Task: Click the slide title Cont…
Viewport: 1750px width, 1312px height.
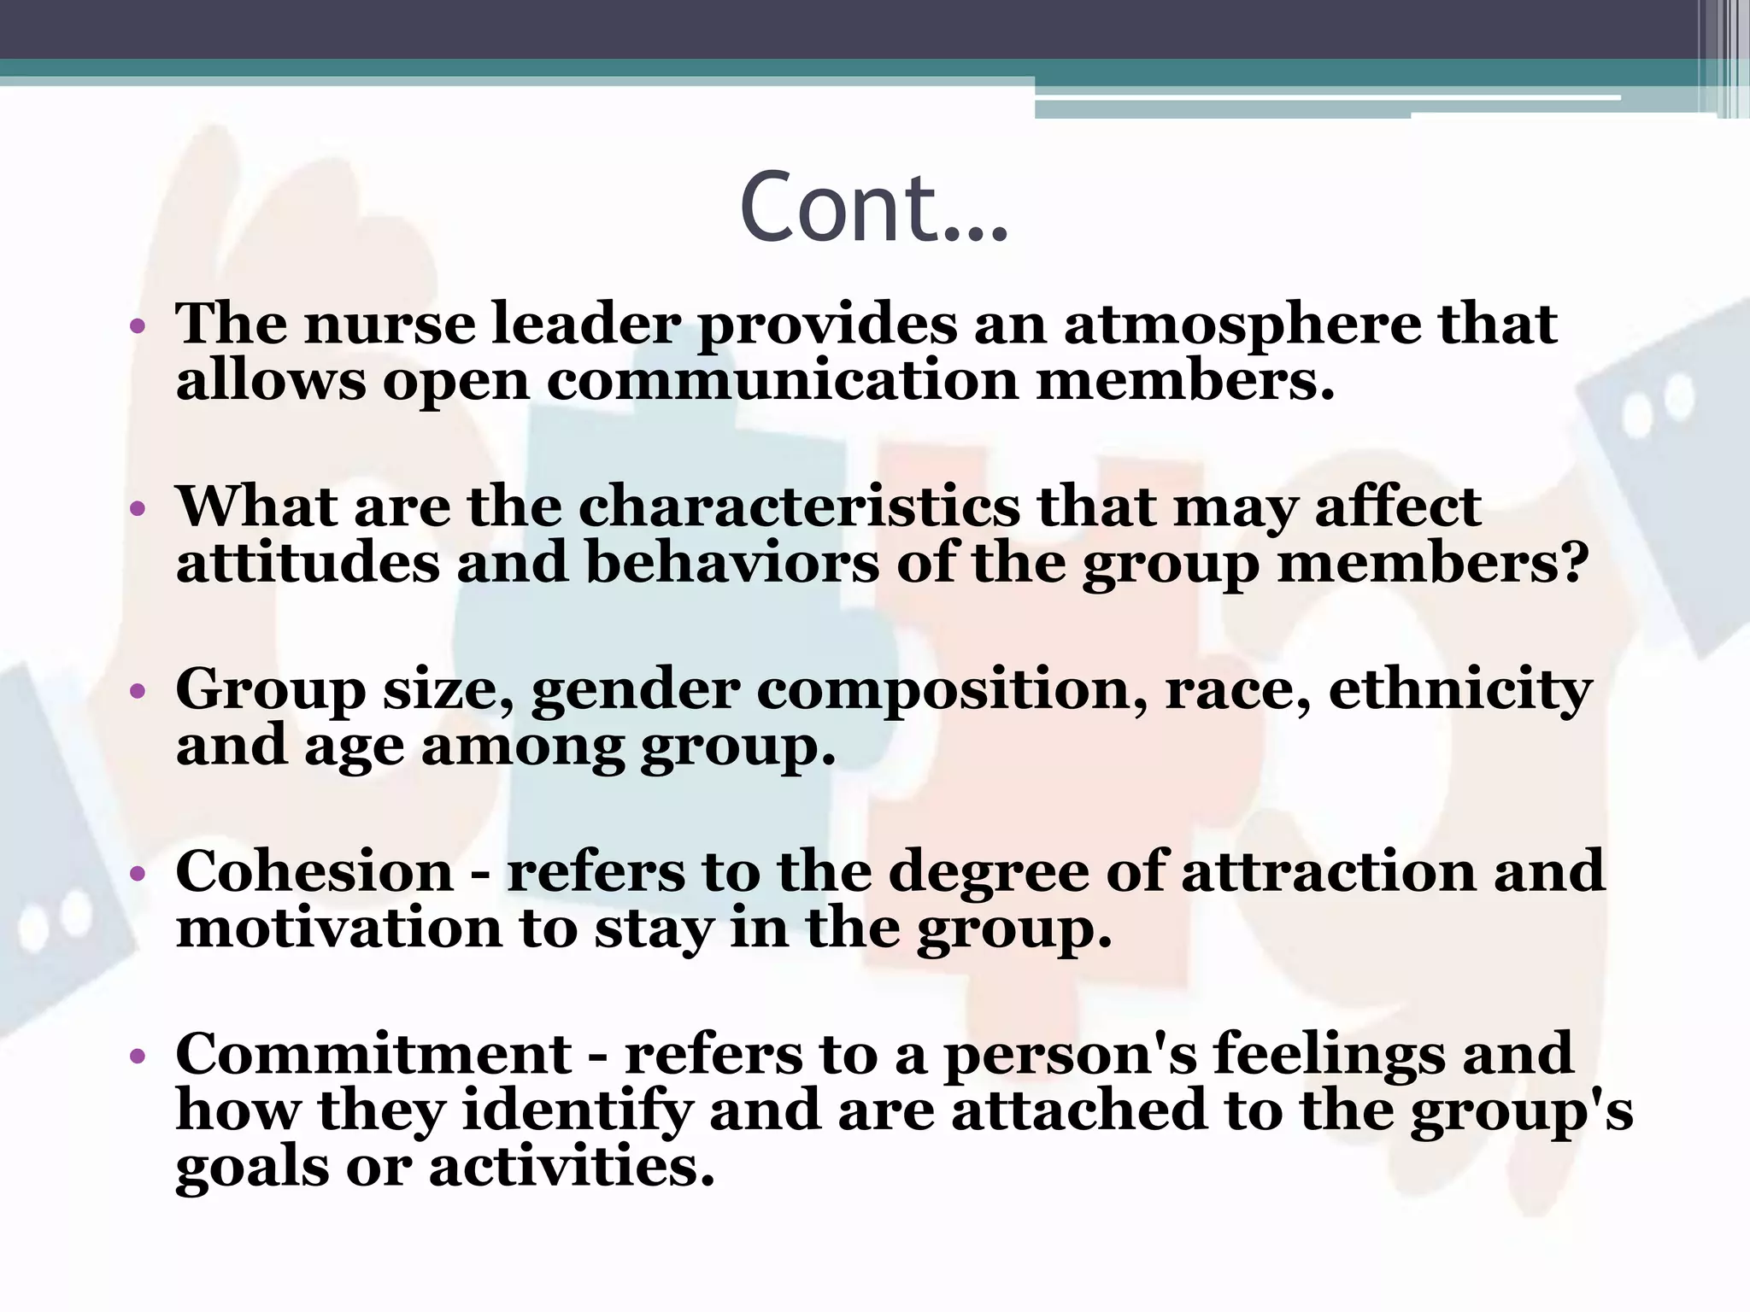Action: pos(873,208)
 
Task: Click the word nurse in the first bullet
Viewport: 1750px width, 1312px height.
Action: pos(389,325)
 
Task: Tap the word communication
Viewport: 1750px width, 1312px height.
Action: pos(782,381)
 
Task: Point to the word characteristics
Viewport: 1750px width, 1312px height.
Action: pos(799,507)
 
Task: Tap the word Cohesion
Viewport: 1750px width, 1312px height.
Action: pos(314,872)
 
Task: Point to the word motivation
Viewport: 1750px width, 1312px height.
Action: pos(338,928)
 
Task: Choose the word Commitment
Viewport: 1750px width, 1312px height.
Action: pos(373,1054)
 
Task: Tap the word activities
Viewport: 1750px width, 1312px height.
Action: pos(571,1168)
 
